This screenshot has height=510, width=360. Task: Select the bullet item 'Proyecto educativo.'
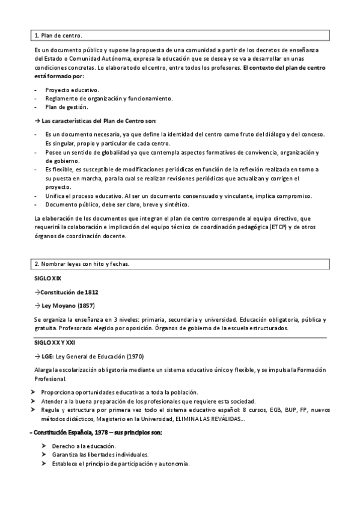click(72, 90)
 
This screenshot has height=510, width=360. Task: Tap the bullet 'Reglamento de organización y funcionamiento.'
click(109, 98)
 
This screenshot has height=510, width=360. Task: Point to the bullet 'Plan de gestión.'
click(67, 107)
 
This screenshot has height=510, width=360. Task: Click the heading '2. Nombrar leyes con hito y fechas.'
click(82, 264)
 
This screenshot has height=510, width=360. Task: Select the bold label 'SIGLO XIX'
click(47, 278)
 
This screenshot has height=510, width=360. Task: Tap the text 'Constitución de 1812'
click(70, 292)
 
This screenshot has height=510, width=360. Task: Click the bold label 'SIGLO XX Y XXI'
click(54, 342)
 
